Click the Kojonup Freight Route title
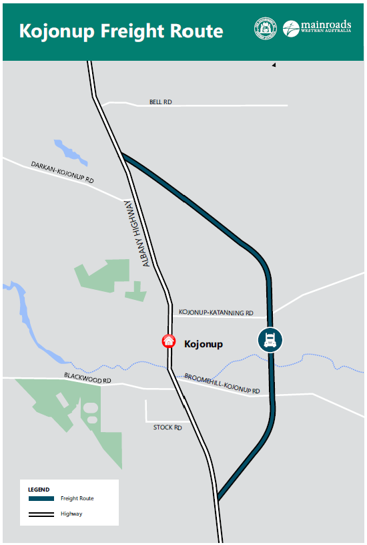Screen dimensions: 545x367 121,31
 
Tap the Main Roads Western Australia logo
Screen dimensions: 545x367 316,29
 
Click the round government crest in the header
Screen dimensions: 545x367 264,29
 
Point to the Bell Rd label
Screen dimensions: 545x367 160,102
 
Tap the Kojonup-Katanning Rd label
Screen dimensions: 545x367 216,313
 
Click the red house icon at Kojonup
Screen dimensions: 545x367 169,341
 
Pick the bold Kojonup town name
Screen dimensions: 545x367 203,344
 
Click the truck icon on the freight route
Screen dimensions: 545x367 271,340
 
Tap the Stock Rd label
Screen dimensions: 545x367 167,427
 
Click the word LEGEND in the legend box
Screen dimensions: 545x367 39,490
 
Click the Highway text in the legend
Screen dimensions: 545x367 71,514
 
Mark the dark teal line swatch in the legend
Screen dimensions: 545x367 41,498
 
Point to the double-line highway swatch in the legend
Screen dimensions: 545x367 41,514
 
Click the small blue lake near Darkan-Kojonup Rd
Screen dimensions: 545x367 70,152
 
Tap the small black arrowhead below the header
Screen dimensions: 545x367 273,65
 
